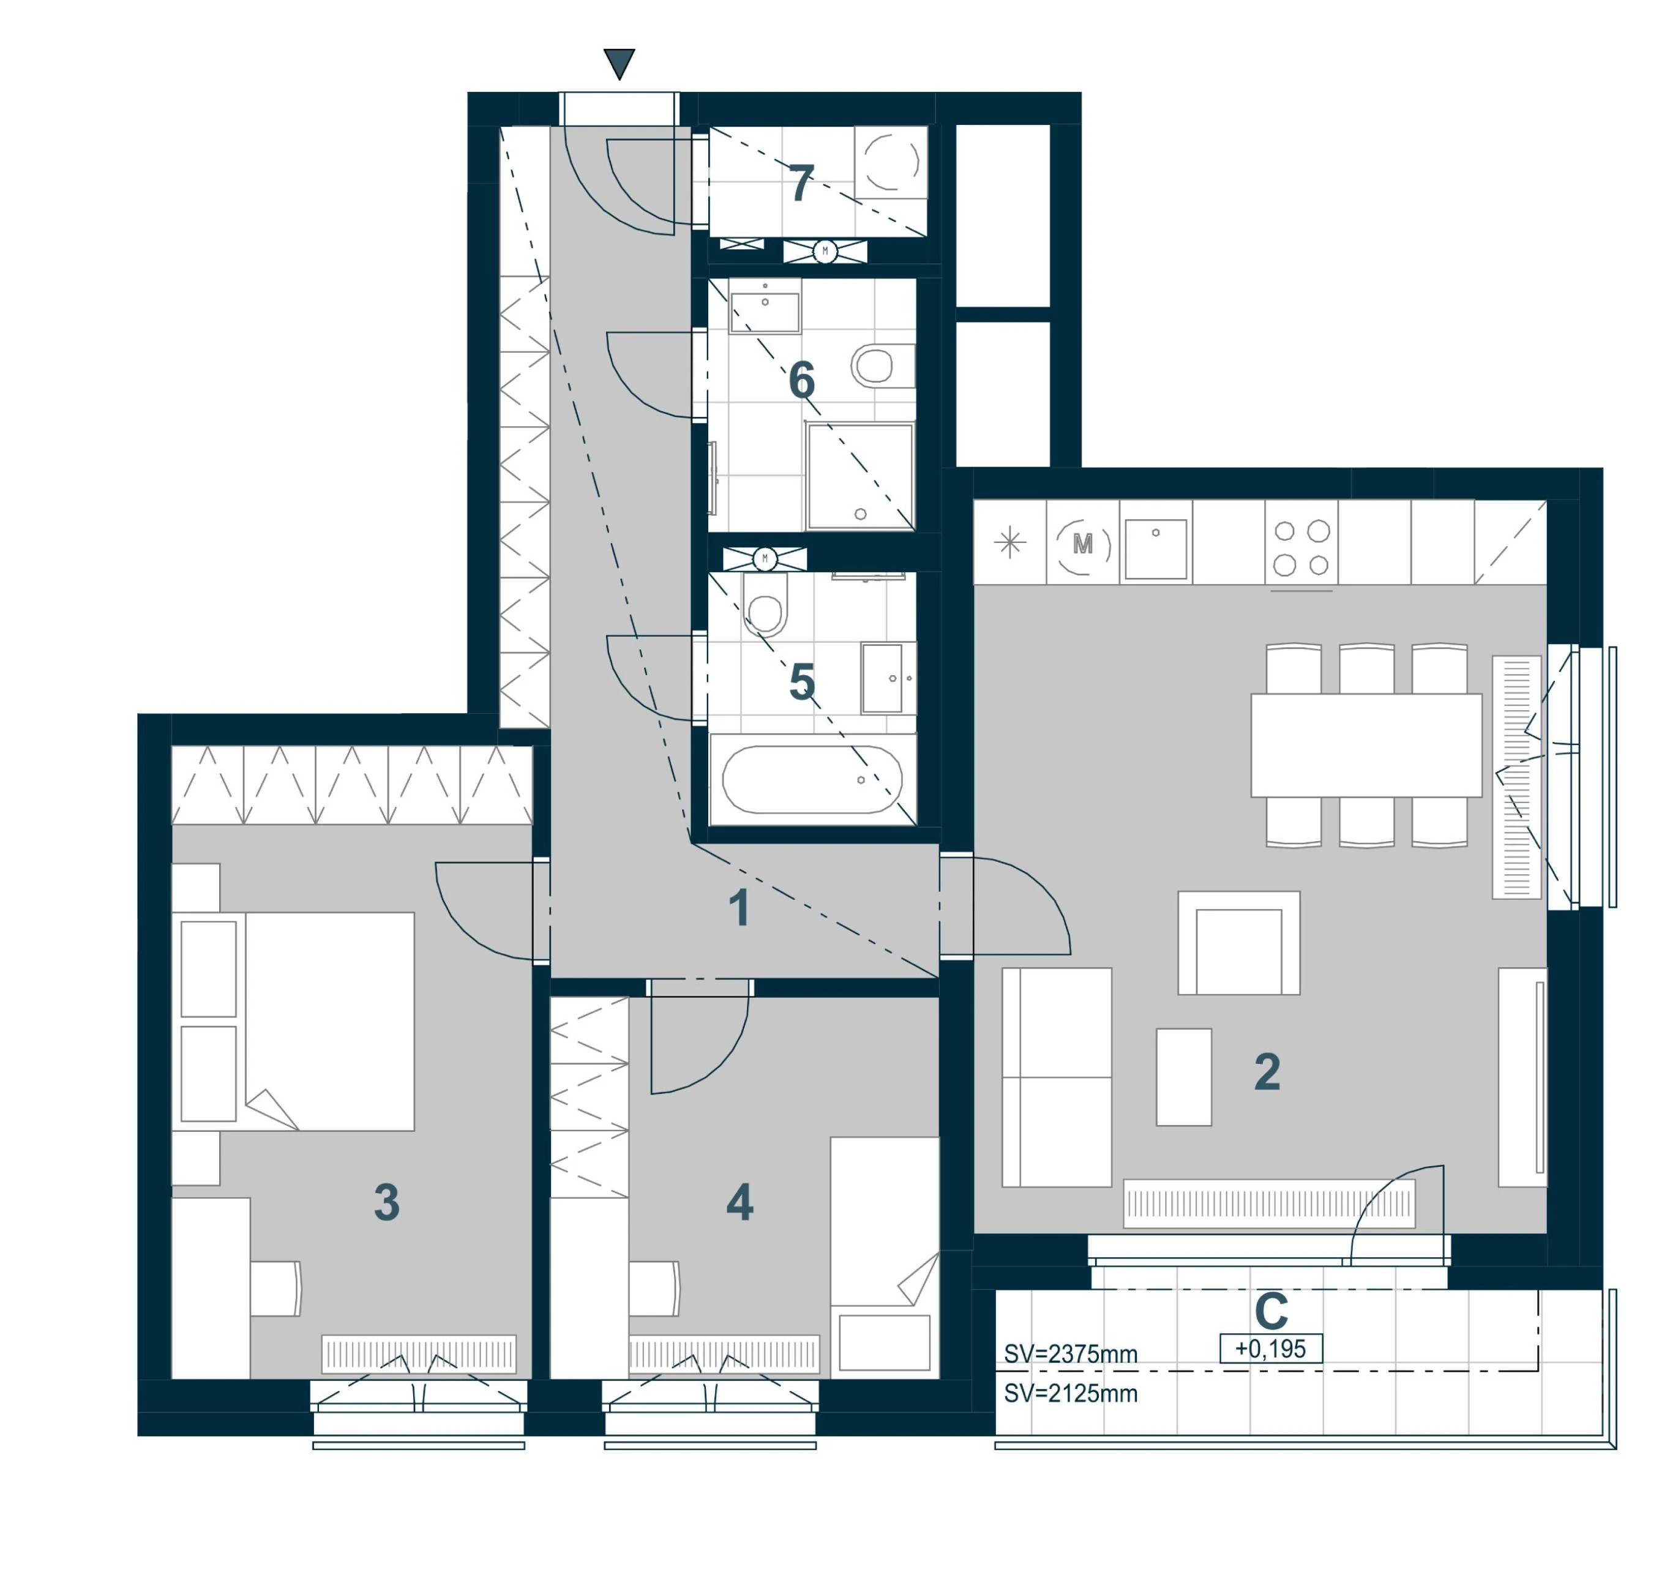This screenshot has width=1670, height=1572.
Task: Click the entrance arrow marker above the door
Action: (x=619, y=63)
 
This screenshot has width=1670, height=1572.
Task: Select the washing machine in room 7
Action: (x=891, y=162)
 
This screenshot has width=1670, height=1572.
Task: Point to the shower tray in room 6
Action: (x=860, y=476)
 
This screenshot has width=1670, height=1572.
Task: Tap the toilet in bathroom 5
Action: (x=765, y=605)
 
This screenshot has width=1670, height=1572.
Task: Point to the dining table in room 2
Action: (x=1366, y=744)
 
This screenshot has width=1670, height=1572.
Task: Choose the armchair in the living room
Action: (x=1239, y=943)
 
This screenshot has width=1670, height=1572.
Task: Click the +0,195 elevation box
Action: (x=1270, y=1349)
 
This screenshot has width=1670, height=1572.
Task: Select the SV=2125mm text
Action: (x=1071, y=1394)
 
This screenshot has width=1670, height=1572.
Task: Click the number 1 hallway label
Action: (x=740, y=909)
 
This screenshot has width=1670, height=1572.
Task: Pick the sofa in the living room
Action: (x=1057, y=1077)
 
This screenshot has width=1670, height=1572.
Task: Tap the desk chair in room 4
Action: (x=654, y=1288)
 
